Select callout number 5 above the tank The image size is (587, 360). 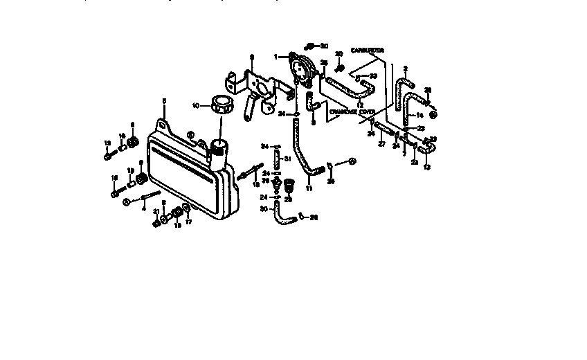click(164, 101)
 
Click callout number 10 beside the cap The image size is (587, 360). click(196, 106)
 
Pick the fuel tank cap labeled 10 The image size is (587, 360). click(223, 105)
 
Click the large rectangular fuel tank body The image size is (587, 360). click(187, 173)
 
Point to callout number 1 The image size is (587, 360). click(275, 56)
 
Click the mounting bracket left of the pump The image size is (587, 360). click(255, 90)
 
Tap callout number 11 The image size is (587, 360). click(309, 188)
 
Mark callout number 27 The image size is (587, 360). click(381, 144)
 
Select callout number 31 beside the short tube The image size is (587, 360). click(288, 159)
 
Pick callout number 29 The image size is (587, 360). click(289, 199)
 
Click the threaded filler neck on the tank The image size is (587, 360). click(220, 148)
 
